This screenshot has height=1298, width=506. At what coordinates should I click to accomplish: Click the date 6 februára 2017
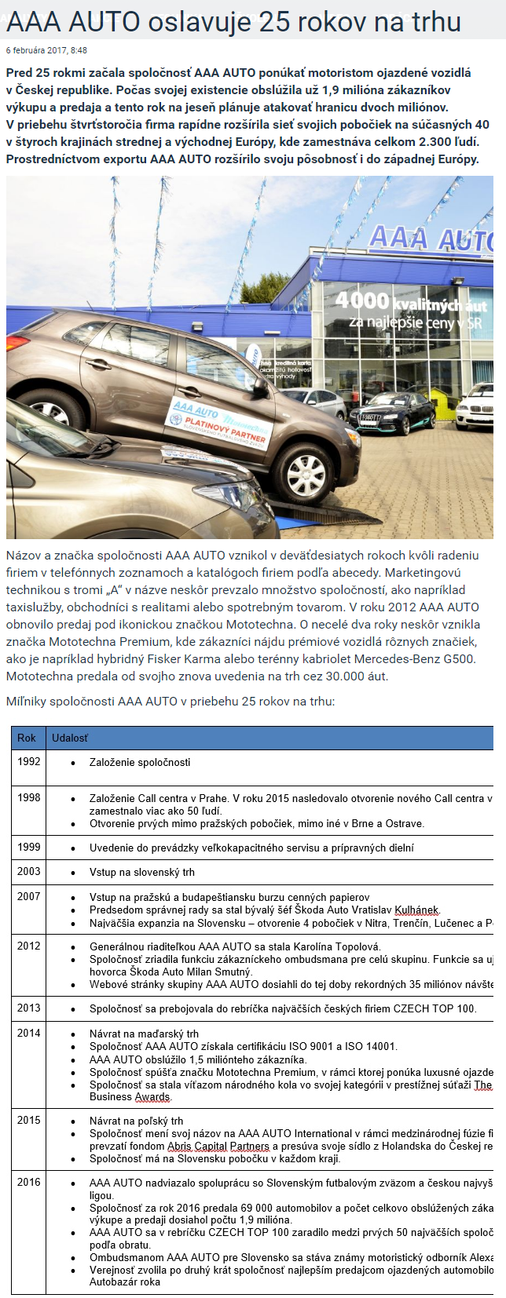pos(36,50)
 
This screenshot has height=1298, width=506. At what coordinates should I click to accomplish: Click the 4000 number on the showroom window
pos(362,300)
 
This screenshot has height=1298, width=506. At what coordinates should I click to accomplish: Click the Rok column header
pos(27,738)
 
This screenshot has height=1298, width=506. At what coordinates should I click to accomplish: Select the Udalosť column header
pos(70,738)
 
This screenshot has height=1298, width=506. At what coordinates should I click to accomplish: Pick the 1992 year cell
pos(29,761)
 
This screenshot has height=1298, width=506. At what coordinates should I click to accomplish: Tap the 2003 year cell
pos(29,871)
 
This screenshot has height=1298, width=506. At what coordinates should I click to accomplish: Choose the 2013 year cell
pos(29,1008)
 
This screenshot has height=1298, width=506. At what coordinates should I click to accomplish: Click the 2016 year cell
pos(29,1182)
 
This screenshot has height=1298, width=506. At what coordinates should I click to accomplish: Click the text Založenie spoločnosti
pos(140,762)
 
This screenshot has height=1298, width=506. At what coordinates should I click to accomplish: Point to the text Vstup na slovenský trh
pos(142,872)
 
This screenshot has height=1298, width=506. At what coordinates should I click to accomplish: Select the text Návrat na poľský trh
pos(137,1121)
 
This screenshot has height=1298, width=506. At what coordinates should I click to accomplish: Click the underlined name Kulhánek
pos(416,910)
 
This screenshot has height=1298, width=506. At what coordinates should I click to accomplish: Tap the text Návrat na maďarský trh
pos(144,1034)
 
